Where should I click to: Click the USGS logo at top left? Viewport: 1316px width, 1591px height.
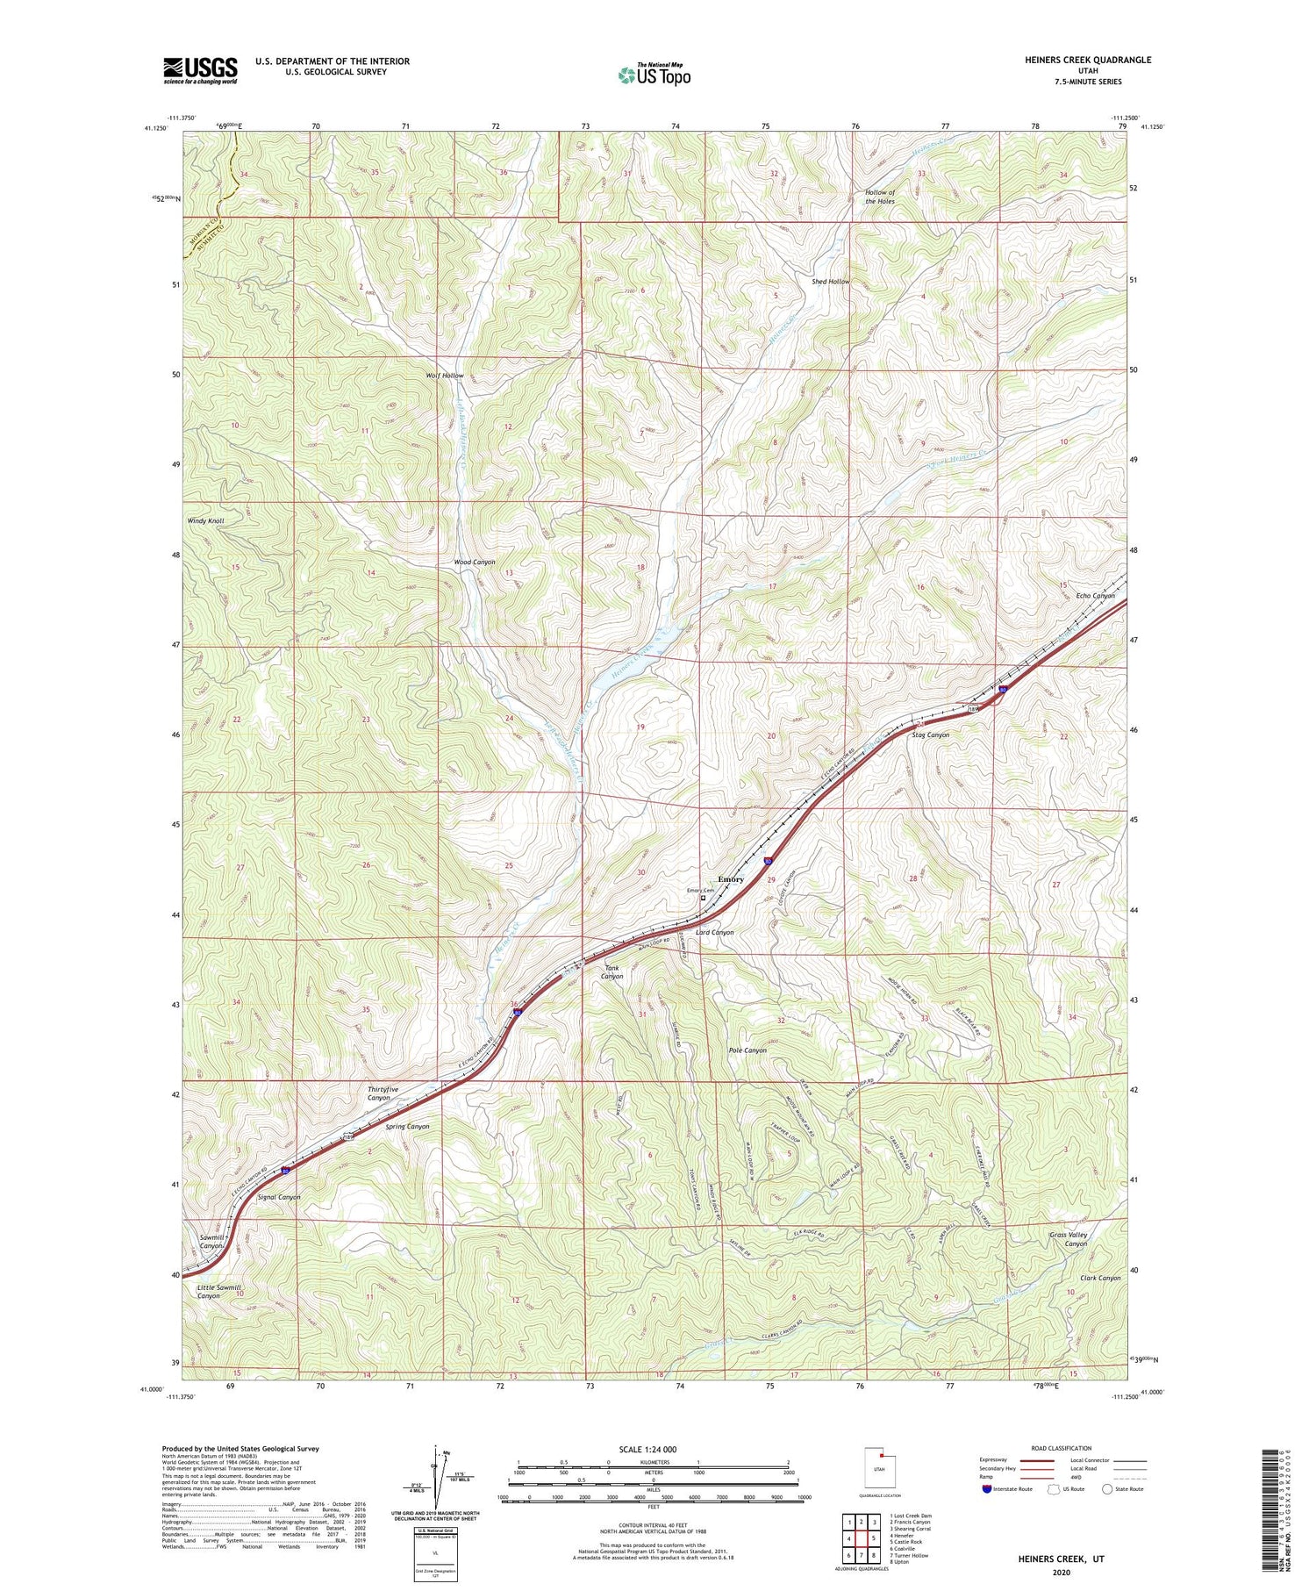pos(200,70)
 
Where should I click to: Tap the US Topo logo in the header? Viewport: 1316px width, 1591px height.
pos(654,75)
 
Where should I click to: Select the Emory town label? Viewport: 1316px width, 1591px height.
pos(731,879)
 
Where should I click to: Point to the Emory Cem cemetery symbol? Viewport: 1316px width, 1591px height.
pos(703,898)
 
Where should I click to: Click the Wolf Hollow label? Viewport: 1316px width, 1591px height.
pos(445,376)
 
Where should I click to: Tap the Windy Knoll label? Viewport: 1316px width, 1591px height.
pos(205,520)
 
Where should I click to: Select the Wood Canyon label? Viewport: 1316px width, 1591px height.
pos(475,562)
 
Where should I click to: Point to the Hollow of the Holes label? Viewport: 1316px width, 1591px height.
pos(880,197)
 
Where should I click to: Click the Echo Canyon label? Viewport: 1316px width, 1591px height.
pos(1095,596)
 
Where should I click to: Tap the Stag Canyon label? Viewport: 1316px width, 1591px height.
pos(930,735)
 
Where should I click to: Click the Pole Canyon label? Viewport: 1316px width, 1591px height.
pos(747,1050)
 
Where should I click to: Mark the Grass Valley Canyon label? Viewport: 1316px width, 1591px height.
pos(1068,1239)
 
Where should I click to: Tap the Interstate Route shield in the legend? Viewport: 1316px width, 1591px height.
pos(987,1489)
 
